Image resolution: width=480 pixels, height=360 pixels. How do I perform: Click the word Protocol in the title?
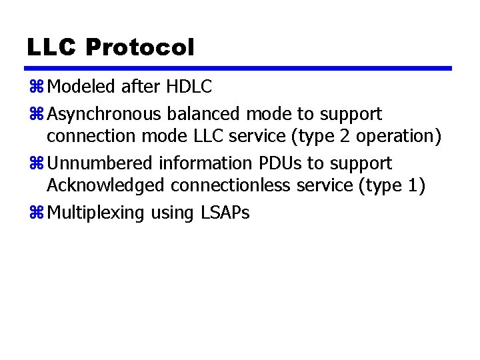(140, 47)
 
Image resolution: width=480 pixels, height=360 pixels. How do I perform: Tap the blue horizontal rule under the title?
(239, 68)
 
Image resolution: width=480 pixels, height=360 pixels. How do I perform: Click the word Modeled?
(81, 87)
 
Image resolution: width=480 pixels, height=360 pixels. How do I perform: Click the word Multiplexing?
(93, 213)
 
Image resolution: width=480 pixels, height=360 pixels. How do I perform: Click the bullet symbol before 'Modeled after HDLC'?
(36, 87)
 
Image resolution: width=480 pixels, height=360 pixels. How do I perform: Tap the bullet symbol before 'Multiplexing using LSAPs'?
(36, 213)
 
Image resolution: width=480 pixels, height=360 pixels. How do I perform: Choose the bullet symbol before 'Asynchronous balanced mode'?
(36, 114)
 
